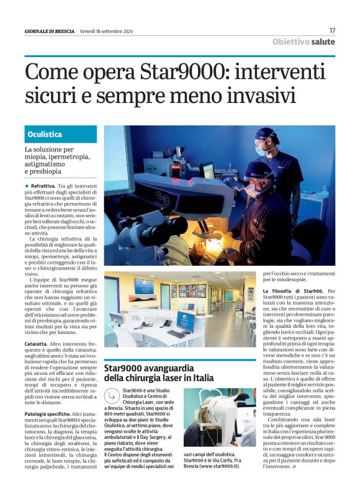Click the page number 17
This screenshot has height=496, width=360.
pos(332,30)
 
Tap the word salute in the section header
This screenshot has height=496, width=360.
pos(323,42)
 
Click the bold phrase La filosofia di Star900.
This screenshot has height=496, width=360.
pos(292,291)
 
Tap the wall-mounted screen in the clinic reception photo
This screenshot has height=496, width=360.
pos(143,286)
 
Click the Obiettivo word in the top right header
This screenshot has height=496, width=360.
pos(292,42)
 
